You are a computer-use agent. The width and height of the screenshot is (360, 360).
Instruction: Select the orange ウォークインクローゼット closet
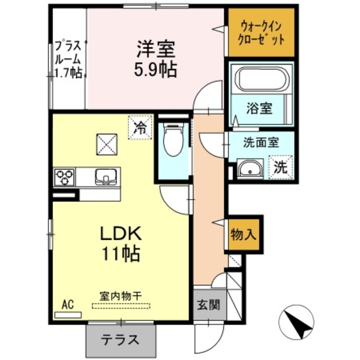[x=261, y=33]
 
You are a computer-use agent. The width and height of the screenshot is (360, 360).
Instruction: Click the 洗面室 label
[x=261, y=143]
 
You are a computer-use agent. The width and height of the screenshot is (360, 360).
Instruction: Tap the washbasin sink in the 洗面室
[x=249, y=168]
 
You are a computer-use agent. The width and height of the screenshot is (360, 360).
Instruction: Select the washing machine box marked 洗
[x=281, y=166]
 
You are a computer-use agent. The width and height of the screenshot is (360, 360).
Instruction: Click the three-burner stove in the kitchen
[x=65, y=177]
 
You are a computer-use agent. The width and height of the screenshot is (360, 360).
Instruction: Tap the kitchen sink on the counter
[x=104, y=177]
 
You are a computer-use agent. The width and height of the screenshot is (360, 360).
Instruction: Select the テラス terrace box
[x=120, y=339]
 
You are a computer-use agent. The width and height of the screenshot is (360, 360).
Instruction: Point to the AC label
[x=67, y=305]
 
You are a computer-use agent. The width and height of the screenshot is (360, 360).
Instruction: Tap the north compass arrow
[x=296, y=323]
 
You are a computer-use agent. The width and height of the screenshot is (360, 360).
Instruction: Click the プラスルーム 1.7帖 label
[x=69, y=58]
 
